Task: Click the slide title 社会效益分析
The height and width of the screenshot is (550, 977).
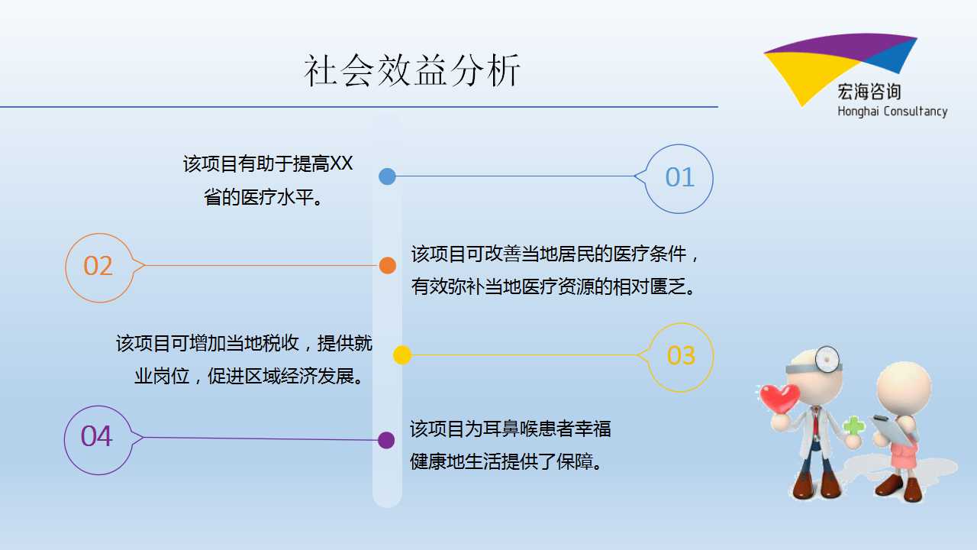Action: pos(412,70)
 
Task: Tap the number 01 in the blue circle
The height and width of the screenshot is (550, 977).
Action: pos(680,177)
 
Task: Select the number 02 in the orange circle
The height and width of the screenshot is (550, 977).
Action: pos(98,266)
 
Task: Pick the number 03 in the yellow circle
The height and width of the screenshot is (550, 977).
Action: pos(681,355)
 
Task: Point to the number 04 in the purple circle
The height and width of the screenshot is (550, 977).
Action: pos(96,436)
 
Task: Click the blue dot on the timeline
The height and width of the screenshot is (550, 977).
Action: pos(387,176)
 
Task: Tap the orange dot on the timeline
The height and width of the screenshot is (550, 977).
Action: pos(387,265)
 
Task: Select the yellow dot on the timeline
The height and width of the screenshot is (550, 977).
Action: pos(402,355)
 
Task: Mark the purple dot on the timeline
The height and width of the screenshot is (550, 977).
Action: pos(386,440)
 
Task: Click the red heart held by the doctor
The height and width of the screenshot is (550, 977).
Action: pos(779,398)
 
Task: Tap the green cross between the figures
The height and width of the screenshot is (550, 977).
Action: pos(853,425)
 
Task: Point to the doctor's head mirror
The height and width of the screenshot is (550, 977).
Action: pos(827,359)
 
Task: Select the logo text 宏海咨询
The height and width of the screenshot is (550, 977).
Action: pos(869,92)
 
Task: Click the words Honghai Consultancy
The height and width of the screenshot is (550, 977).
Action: pos(892,112)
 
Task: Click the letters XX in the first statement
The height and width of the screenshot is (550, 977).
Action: pos(340,163)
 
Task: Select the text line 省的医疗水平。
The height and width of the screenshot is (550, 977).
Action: pos(263,197)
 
